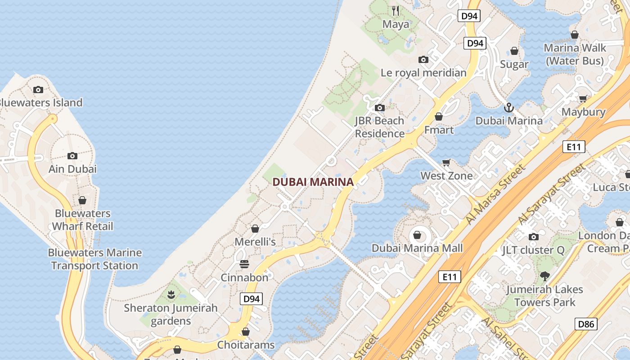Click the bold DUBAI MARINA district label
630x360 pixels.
click(x=313, y=182)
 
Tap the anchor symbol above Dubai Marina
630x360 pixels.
click(x=508, y=108)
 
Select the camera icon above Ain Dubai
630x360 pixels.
click(x=72, y=156)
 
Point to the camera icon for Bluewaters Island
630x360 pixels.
click(x=38, y=90)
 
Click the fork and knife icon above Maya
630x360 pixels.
click(x=396, y=10)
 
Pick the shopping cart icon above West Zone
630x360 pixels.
click(x=446, y=162)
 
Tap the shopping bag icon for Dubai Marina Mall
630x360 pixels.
click(x=417, y=235)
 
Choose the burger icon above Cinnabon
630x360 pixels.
click(x=244, y=264)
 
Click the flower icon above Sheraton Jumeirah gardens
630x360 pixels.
click(x=171, y=295)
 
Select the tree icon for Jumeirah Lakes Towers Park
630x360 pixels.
click(x=544, y=276)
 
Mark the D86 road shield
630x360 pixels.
click(x=586, y=324)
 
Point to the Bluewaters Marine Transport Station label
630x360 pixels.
click(x=94, y=259)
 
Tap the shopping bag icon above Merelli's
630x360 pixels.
click(x=255, y=229)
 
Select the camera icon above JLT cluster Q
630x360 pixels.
click(x=533, y=237)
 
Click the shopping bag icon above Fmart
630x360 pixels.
click(x=439, y=117)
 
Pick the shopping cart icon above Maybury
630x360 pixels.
click(x=583, y=99)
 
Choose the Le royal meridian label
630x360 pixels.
click(x=423, y=73)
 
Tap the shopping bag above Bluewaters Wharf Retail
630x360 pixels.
click(x=82, y=200)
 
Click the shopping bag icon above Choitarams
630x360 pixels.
click(x=245, y=332)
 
